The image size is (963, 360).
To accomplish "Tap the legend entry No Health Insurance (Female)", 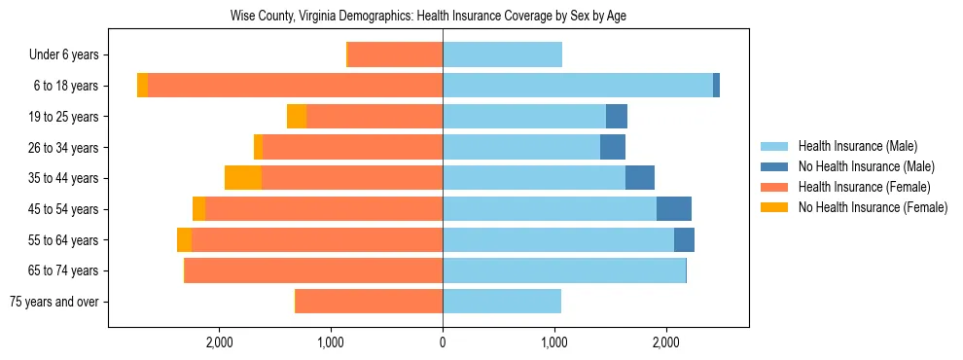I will pyautogui.click(x=872, y=207).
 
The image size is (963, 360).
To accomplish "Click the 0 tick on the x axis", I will pyautogui.click(x=443, y=342).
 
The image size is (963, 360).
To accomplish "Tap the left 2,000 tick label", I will pyautogui.click(x=220, y=342).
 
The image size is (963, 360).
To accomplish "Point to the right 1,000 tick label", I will pyautogui.click(x=554, y=342).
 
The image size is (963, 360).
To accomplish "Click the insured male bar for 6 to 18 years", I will pyautogui.click(x=578, y=86).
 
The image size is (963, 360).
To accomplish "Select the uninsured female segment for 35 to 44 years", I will pyautogui.click(x=243, y=178).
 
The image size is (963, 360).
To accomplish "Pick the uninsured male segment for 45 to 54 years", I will pyautogui.click(x=674, y=209).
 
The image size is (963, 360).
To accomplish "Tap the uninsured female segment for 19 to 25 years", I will pyautogui.click(x=297, y=117).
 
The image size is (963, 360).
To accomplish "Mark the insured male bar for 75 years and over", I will pyautogui.click(x=502, y=302).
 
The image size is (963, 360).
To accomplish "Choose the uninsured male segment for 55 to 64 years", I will pyautogui.click(x=684, y=239).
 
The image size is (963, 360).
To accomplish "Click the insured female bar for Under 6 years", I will pyautogui.click(x=395, y=55).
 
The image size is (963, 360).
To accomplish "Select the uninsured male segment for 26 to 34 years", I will pyautogui.click(x=613, y=148).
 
